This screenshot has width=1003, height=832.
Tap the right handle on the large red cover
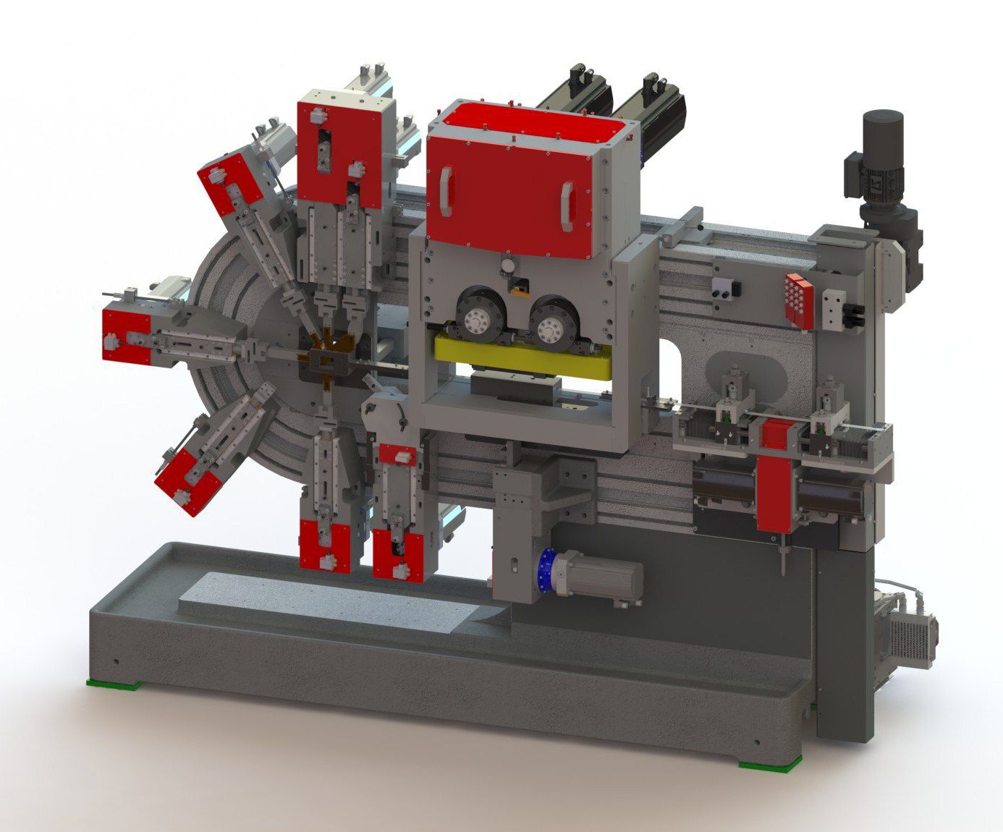pyautogui.click(x=566, y=202)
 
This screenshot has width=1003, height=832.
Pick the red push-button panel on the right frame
pyautogui.click(x=799, y=298)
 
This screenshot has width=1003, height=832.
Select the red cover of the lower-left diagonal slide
pyautogui.click(x=183, y=481)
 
